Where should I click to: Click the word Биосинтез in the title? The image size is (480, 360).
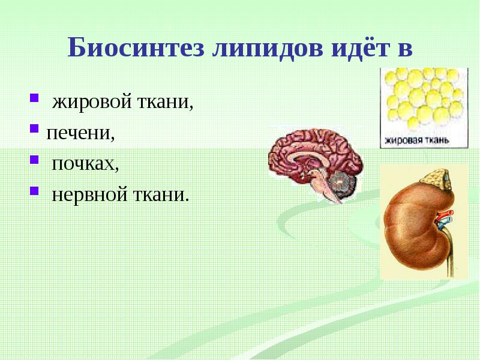(x=136, y=48)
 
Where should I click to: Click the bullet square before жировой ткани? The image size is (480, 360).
(x=34, y=98)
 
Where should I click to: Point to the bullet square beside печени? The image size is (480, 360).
(x=34, y=128)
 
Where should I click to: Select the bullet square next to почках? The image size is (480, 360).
(x=34, y=160)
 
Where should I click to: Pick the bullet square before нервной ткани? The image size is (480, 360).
(x=34, y=191)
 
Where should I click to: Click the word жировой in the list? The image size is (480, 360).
(x=92, y=102)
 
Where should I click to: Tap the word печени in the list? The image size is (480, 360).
(x=80, y=133)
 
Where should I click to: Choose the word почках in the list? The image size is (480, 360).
(x=85, y=164)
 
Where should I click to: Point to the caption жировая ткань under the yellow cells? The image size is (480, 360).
(x=416, y=140)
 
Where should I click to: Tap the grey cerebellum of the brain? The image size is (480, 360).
(x=341, y=183)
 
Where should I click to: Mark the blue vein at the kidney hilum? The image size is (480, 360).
(x=446, y=223)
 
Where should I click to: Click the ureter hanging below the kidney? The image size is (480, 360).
(x=448, y=254)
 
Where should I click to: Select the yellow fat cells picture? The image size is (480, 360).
(x=424, y=108)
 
